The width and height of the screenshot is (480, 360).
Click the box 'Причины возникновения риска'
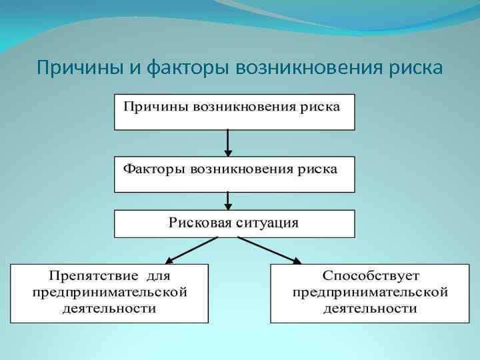tap(235, 112)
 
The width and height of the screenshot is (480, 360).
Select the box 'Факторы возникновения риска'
tap(235, 174)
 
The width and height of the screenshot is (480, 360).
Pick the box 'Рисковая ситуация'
tap(235, 223)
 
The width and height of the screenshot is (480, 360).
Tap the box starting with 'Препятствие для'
tap(109, 293)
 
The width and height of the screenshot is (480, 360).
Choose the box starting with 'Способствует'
tap(370, 293)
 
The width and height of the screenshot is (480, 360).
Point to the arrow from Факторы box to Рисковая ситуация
tap(229, 201)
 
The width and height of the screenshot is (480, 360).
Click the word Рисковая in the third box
tap(199, 222)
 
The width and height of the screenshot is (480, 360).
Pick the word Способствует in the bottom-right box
tap(371, 276)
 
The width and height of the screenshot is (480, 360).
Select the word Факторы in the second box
tap(153, 169)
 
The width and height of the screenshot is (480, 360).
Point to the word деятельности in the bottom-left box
tap(109, 309)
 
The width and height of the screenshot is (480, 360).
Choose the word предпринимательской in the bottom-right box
tap(370, 293)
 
